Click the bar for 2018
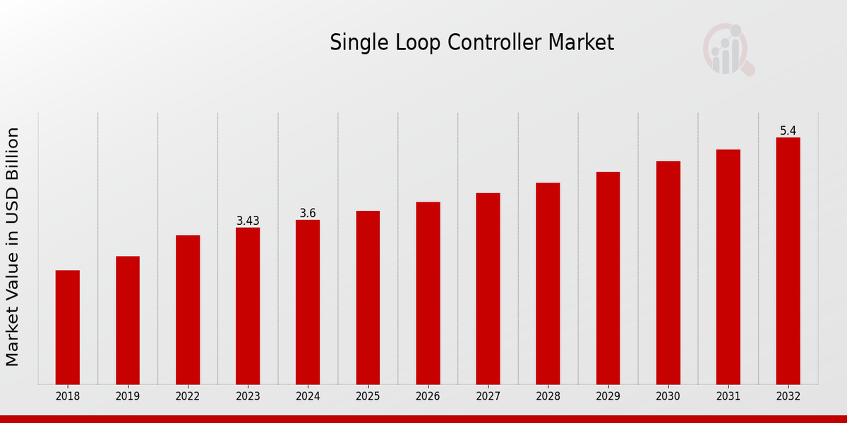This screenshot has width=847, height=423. coord(68,327)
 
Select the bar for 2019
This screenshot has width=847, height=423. coord(128,320)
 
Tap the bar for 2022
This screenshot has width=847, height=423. coord(188,309)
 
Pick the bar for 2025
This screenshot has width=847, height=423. coord(368,298)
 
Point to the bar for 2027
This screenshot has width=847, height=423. coord(488,288)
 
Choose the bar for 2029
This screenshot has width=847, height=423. coord(608,278)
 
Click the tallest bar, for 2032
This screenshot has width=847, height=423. coord(788,261)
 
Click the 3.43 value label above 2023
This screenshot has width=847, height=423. coord(248,221)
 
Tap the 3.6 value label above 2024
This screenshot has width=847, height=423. coord(308,213)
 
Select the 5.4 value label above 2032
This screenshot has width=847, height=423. coord(788,130)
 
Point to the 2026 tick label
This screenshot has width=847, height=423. coord(428,396)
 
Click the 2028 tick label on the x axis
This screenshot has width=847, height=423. coord(548,396)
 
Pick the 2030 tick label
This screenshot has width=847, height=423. coord(668,396)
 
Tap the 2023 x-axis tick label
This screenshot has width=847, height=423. coord(248,396)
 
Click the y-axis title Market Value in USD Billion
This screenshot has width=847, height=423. coord(13,247)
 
